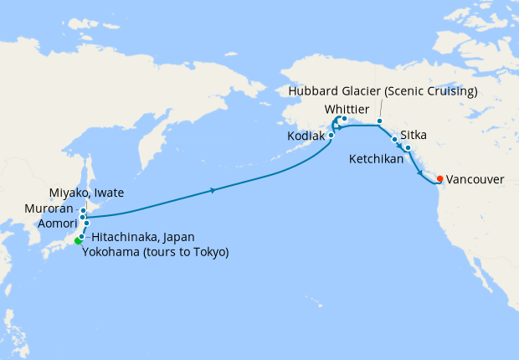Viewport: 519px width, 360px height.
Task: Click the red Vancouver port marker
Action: click(440, 178)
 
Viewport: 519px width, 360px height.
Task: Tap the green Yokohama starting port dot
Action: click(78, 241)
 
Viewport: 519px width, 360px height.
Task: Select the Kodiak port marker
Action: click(331, 134)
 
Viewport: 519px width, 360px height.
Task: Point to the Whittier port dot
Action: click(344, 119)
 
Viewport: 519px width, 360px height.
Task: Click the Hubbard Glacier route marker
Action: click(379, 121)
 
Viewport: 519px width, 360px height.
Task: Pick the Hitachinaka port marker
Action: click(82, 236)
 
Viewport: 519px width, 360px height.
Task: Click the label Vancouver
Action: click(475, 179)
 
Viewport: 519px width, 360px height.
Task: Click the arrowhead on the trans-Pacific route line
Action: click(214, 190)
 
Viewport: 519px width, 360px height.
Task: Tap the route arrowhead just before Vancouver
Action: click(419, 172)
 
